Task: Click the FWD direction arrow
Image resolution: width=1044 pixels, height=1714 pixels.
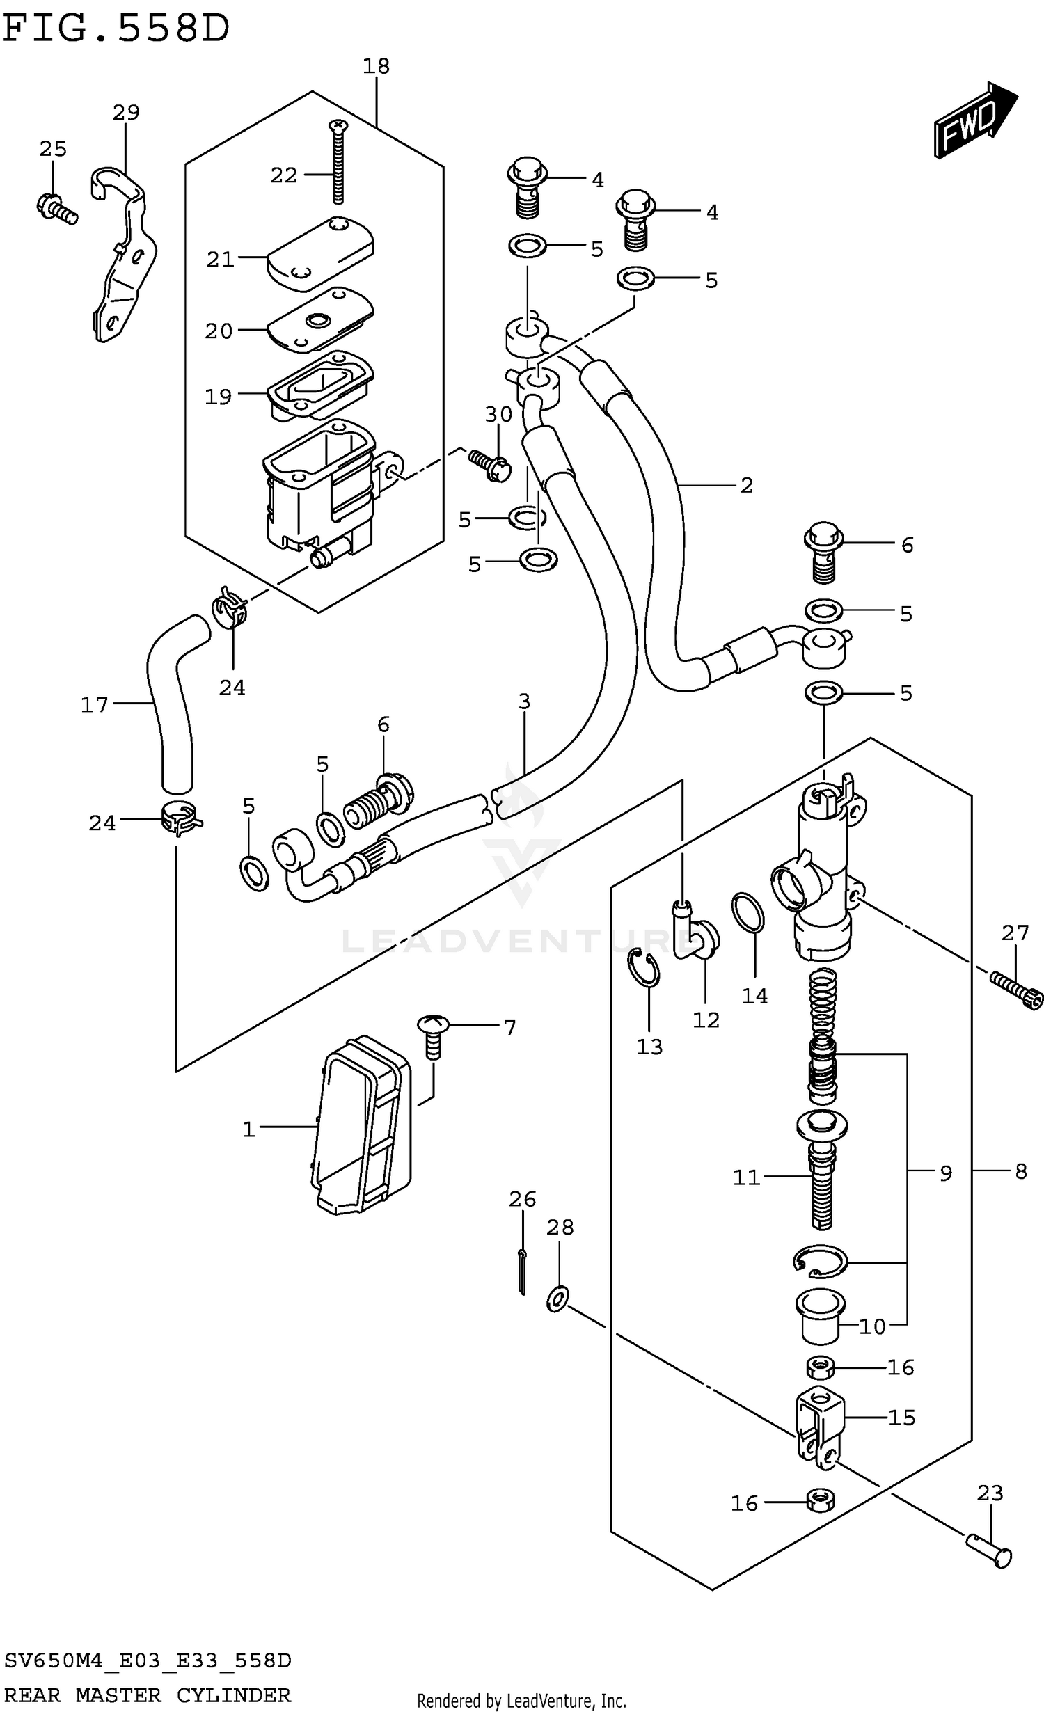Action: (x=974, y=121)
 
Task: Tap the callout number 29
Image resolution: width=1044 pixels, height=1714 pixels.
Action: (x=126, y=112)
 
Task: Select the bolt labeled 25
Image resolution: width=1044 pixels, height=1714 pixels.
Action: (x=56, y=207)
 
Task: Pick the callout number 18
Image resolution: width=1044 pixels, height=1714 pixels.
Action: (x=376, y=67)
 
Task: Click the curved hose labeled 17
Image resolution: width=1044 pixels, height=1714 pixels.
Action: (x=171, y=703)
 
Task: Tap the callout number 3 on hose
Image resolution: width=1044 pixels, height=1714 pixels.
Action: (x=524, y=701)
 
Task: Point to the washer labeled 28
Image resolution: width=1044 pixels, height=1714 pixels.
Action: (x=557, y=1299)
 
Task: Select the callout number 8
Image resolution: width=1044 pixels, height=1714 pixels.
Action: (x=1020, y=1171)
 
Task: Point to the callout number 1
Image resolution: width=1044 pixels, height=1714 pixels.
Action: (x=248, y=1129)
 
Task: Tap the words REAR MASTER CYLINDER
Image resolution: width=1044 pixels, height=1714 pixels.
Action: (x=148, y=1695)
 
